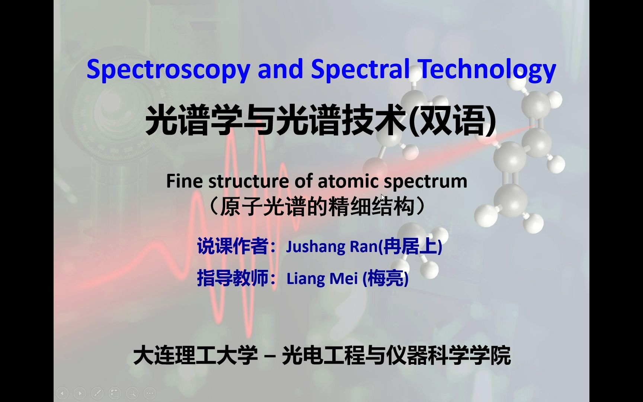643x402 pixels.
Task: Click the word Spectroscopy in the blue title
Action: [x=168, y=70]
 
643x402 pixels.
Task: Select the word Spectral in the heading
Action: [x=361, y=70]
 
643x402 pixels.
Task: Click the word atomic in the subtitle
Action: [x=348, y=181]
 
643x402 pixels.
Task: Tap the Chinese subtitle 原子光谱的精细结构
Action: [x=317, y=206]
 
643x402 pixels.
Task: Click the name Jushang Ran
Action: [x=332, y=246]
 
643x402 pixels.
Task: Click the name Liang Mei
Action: [x=322, y=278]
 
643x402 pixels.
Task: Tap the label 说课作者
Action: [x=233, y=246]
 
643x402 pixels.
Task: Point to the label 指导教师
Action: [x=233, y=278]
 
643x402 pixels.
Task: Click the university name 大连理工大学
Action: [x=195, y=355]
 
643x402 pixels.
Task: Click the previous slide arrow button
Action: [x=62, y=393]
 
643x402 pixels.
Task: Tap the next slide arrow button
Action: [x=80, y=393]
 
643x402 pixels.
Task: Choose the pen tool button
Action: [x=97, y=393]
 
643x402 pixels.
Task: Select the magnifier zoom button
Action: [x=132, y=393]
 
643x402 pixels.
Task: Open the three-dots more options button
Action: [x=150, y=393]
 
